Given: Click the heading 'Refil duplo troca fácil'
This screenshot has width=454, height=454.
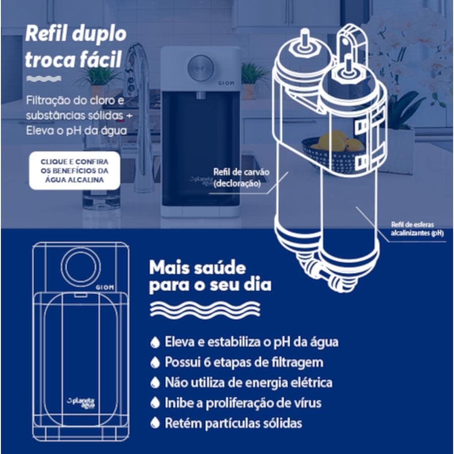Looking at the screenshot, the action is pos(76,47).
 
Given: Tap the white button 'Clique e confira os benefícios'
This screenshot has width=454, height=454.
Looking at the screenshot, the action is pos(74,171).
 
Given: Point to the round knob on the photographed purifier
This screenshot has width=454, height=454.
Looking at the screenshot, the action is pos(201,68).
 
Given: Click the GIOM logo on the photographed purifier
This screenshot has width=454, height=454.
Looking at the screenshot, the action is pos(226,83).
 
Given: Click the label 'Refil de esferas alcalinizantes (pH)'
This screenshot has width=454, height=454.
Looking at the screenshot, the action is pos(417,229).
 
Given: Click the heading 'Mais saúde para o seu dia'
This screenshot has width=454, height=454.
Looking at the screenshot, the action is pos(210,277).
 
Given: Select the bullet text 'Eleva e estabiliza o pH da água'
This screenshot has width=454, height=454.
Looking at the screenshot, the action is pos(252,342).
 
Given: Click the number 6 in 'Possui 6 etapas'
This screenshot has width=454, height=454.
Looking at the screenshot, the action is pos(207,362).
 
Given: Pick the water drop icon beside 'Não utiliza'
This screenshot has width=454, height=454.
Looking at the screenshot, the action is pos(155,382).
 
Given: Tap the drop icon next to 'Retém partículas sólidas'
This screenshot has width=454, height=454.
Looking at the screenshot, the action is pos(155,423).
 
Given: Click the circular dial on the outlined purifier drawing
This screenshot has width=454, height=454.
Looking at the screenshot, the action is pos(81,266).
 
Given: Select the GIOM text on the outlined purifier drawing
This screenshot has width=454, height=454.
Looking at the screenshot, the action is pos(105,287).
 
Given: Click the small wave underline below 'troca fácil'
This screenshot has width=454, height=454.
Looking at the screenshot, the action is pos(44,79).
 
